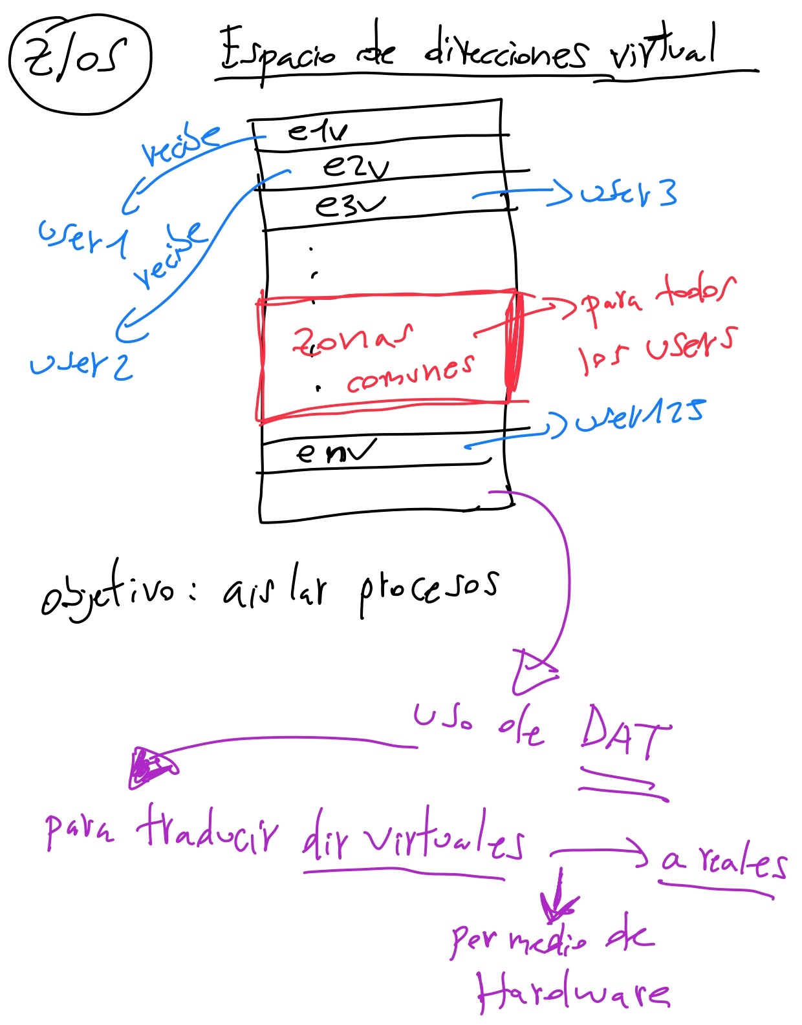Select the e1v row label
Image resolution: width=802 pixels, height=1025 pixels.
click(317, 132)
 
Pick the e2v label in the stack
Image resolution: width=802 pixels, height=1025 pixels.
click(355, 167)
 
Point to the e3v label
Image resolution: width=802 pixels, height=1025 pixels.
click(349, 206)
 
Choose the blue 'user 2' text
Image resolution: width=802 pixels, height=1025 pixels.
click(81, 365)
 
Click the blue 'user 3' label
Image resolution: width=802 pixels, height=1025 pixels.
click(628, 193)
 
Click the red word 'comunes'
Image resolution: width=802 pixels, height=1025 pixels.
click(410, 374)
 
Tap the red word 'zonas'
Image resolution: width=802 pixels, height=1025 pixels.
click(352, 339)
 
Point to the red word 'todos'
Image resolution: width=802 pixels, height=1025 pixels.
click(695, 291)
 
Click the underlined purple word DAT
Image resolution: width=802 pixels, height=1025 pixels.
click(623, 733)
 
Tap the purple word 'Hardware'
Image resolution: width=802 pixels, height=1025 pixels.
click(573, 993)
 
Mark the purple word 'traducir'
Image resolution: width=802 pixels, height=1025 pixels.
click(207, 830)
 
